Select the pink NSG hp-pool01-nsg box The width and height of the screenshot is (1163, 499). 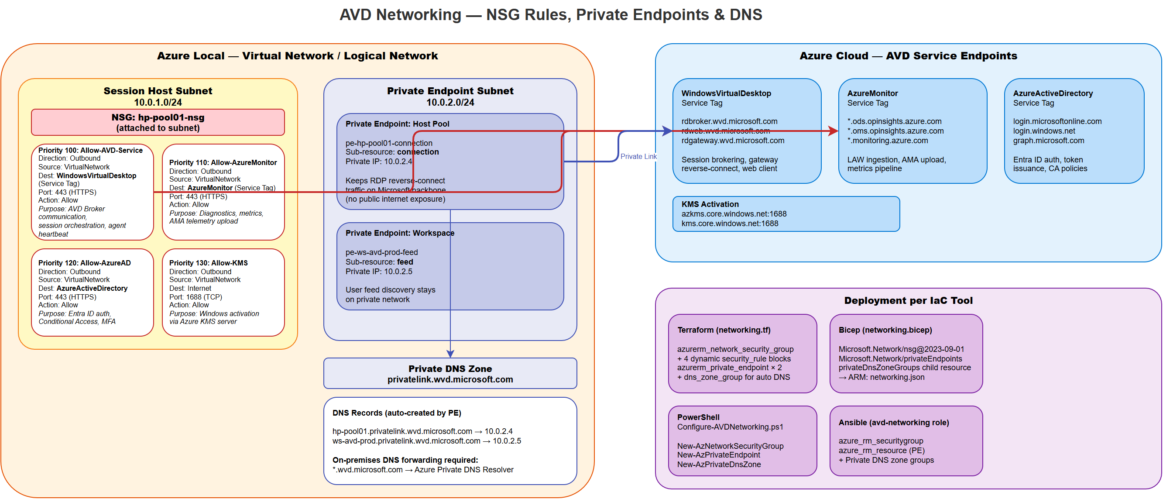tap(158, 122)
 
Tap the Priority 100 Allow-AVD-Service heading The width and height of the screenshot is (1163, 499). tap(90, 150)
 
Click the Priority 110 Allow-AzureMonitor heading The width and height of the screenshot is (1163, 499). tap(223, 162)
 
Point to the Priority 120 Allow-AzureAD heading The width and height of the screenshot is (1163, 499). tap(84, 263)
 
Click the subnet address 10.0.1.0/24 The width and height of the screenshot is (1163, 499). tap(158, 102)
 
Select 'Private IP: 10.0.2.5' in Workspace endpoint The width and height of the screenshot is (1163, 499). tap(378, 272)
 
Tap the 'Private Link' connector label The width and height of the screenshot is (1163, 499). tap(638, 156)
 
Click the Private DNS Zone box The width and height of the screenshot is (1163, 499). tap(449, 373)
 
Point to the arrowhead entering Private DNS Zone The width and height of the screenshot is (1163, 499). tap(449, 354)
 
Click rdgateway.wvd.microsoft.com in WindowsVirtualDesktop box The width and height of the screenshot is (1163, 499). tap(732, 141)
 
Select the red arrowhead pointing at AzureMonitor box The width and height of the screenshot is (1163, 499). tap(834, 131)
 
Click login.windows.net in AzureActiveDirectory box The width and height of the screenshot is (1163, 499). tap(1043, 131)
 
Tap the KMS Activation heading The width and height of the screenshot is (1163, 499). tap(710, 204)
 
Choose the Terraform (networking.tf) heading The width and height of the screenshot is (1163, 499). tap(723, 330)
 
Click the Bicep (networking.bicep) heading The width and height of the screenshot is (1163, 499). tap(885, 330)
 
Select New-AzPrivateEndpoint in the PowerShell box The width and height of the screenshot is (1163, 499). tap(718, 455)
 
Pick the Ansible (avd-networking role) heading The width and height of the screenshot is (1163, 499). tap(893, 422)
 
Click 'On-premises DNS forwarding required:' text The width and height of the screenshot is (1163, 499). tap(405, 460)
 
